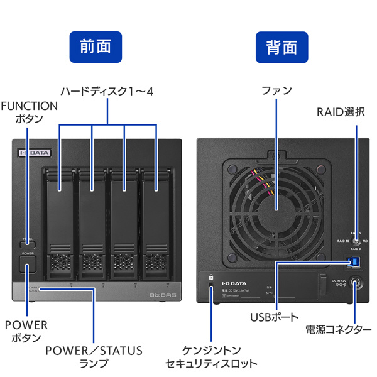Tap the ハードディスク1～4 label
(107, 92)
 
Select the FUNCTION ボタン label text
(29, 112)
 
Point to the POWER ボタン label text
(26, 331)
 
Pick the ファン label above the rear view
(277, 90)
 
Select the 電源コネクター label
(337, 329)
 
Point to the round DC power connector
(356, 285)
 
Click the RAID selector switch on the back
(356, 240)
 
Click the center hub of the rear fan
(276, 213)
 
